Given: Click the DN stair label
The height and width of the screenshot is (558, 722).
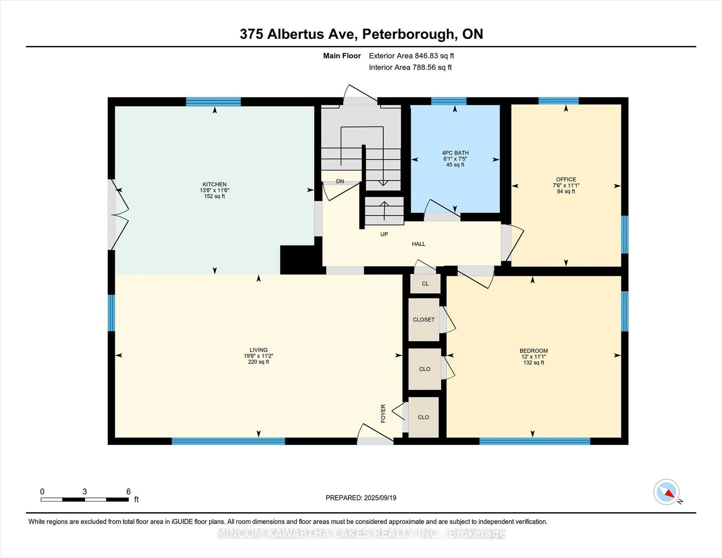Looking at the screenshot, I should click(340, 181).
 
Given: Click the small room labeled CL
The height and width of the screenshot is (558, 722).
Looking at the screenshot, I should click(425, 284).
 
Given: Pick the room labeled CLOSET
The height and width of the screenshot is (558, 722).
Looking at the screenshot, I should click(423, 320).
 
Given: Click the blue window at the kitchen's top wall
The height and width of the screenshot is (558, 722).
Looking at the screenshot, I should click(213, 102).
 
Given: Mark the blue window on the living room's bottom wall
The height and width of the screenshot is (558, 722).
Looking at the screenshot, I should click(228, 441).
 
